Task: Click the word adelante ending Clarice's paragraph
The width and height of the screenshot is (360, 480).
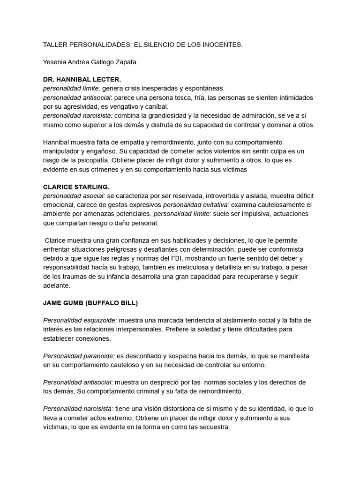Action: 56,285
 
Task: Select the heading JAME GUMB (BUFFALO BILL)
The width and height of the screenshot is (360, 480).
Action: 90,303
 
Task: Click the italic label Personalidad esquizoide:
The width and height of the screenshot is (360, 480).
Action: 80,321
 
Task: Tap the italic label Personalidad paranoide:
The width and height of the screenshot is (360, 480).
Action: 79,356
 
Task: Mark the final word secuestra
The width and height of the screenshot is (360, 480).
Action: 214,427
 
